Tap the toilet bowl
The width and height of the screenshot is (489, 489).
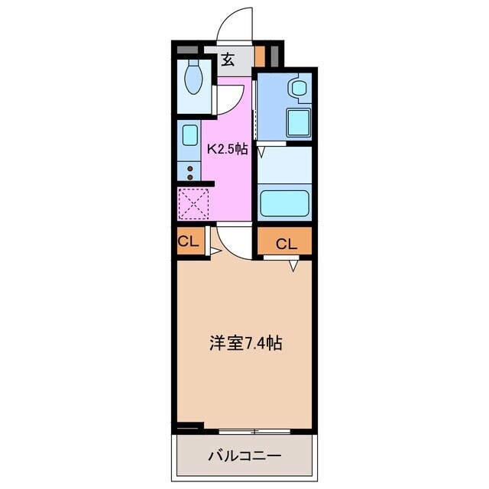(x=194, y=79)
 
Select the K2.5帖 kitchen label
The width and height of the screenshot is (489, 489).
(x=229, y=150)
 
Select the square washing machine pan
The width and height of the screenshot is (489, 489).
(x=296, y=122)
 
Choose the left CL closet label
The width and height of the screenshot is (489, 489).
(x=188, y=242)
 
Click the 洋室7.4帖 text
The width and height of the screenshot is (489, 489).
(x=246, y=343)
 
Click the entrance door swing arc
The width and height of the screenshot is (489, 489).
(x=233, y=23)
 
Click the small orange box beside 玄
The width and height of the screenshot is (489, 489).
(x=260, y=57)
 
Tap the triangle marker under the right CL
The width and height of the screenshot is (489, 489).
(x=293, y=267)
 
